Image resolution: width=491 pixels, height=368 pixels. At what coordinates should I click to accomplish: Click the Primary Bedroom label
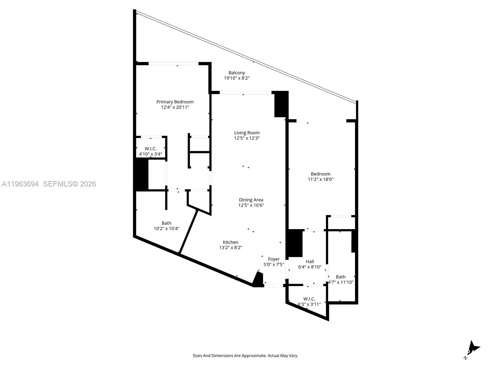[x=175, y=102]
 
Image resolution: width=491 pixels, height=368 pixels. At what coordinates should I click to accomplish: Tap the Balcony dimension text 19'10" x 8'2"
[x=237, y=78]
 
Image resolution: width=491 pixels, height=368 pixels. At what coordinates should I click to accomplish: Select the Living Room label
[x=247, y=133]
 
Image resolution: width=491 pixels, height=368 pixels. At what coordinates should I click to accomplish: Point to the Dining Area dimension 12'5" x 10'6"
[x=251, y=205]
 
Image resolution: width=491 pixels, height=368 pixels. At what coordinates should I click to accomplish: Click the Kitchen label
[x=230, y=242]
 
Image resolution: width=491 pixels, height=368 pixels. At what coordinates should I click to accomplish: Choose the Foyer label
[x=274, y=259]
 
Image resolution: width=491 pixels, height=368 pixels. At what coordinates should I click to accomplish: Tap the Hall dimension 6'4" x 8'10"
[x=310, y=267]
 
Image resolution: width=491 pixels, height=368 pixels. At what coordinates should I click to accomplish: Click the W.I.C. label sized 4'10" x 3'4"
[x=150, y=149]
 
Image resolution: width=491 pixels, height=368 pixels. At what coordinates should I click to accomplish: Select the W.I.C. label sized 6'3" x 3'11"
[x=309, y=299]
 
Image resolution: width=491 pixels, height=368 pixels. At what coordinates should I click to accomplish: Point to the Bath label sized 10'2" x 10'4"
[x=166, y=223]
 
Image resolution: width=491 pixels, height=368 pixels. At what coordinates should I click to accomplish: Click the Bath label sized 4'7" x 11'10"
[x=340, y=277]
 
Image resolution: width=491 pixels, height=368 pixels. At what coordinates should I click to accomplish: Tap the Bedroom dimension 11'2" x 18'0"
[x=320, y=179]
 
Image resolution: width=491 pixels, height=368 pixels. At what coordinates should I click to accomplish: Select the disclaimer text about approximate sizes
[x=245, y=356]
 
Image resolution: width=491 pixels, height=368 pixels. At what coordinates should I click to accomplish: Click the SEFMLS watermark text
[x=69, y=184]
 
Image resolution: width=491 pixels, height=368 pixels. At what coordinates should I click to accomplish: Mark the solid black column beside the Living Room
[x=281, y=104]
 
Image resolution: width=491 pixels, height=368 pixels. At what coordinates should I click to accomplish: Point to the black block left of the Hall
[x=295, y=243]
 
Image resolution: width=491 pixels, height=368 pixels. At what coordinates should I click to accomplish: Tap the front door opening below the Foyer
[x=273, y=286]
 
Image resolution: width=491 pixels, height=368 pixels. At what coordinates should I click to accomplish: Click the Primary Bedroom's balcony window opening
[x=173, y=64]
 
